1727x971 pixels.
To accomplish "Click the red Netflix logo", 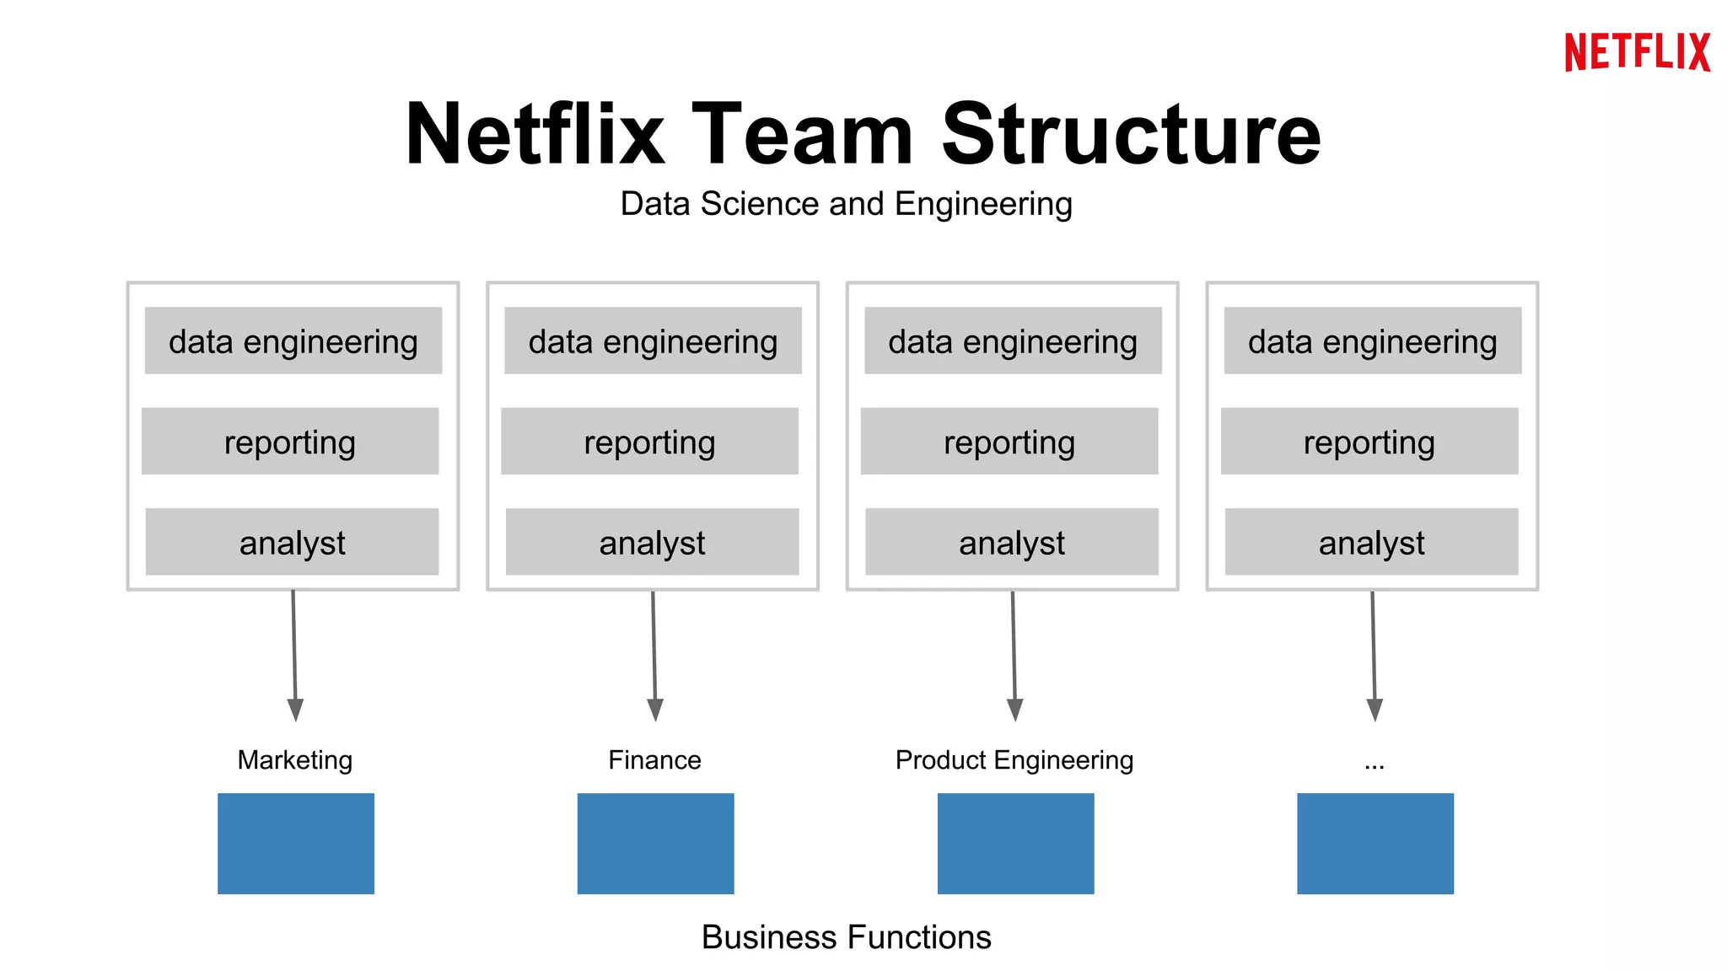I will [1637, 52].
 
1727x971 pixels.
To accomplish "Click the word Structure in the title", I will [1130, 135].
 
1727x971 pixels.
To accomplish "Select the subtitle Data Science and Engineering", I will [846, 204].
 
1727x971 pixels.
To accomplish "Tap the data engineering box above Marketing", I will [293, 341].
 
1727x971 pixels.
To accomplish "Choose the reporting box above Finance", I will [649, 442].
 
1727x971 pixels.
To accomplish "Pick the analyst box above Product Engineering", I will [1011, 542].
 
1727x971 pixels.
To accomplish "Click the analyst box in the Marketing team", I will [292, 542].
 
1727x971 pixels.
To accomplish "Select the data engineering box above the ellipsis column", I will [1372, 341].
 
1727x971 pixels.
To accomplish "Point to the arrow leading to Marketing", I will [294, 649].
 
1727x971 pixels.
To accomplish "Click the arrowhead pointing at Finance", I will [655, 710].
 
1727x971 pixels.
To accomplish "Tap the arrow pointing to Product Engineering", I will [1014, 649].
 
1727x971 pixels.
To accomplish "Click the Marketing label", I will [294, 759].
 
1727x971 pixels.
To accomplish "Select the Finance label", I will [654, 759].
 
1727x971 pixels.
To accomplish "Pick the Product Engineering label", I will [1014, 759].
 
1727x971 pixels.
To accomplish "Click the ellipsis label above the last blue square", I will [1374, 764].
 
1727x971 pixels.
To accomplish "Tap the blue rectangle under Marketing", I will [295, 843].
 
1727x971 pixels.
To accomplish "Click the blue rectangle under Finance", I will [655, 843].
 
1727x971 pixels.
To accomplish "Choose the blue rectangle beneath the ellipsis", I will [1375, 843].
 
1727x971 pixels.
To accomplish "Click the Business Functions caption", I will [846, 937].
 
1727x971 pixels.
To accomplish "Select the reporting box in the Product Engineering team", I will [1009, 442].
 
